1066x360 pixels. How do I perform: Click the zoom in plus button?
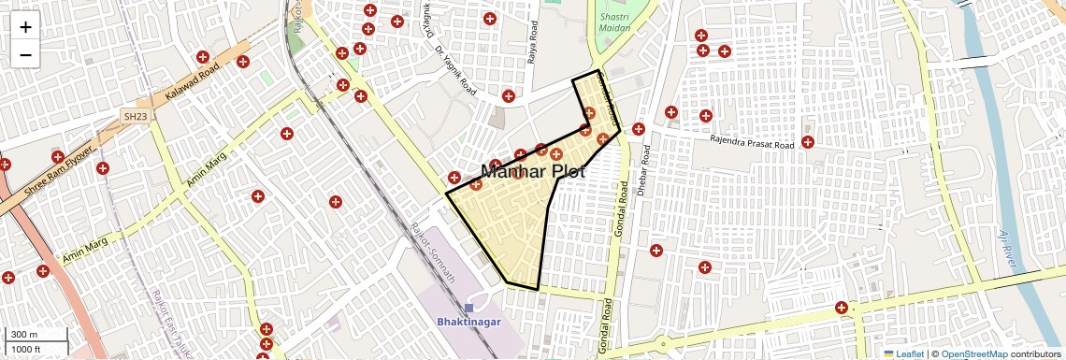coord(25,26)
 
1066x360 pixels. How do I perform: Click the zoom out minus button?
coord(25,55)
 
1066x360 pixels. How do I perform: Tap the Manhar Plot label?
coord(532,172)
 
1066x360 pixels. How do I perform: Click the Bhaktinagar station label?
coord(468,322)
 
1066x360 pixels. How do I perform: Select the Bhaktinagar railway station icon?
coord(468,308)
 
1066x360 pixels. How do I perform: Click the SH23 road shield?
coord(136,116)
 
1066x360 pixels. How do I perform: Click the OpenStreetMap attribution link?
coord(973,353)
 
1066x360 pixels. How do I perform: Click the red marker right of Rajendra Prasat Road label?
coord(808,142)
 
